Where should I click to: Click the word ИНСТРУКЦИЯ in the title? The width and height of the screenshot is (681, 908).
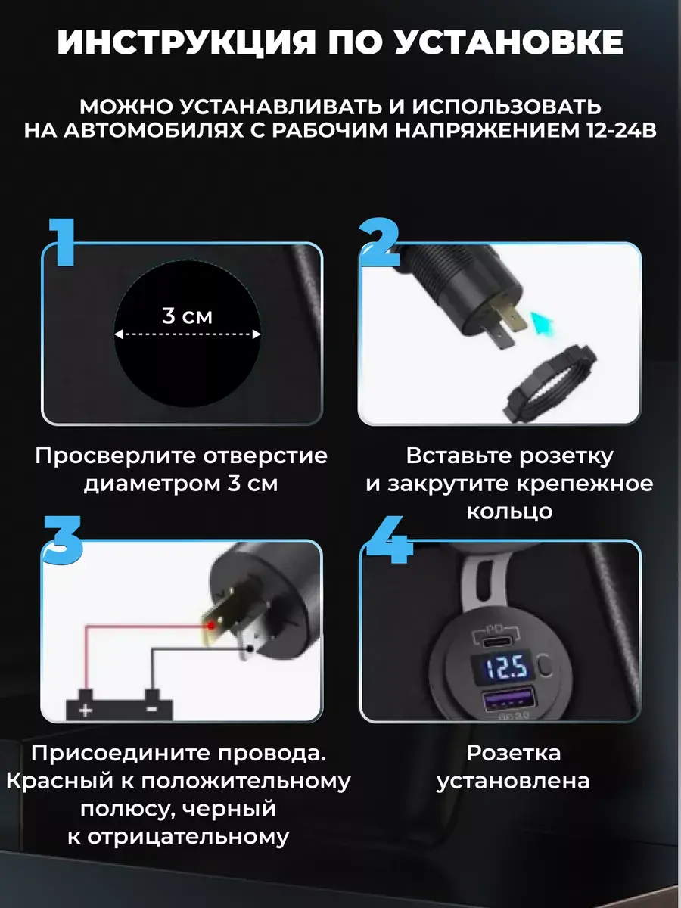(185, 42)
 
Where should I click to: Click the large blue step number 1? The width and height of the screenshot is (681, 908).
(62, 242)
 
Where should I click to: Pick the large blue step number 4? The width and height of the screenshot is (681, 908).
(387, 540)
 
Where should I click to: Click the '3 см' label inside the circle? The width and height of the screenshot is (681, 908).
(187, 316)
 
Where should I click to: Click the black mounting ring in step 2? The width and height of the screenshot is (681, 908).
(550, 384)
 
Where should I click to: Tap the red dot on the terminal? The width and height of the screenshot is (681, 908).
(211, 626)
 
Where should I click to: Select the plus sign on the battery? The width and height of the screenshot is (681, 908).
(86, 711)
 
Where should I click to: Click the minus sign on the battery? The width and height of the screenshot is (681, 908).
(152, 710)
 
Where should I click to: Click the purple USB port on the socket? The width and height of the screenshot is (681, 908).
(508, 699)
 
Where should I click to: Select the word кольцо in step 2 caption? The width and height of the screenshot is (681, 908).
(509, 512)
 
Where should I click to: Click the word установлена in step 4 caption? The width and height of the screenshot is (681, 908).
(513, 782)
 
